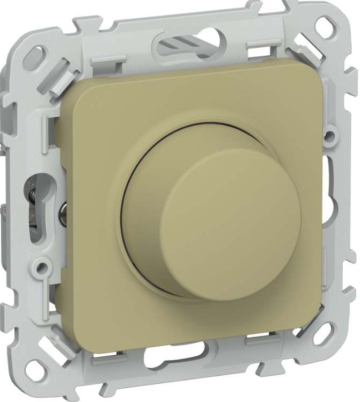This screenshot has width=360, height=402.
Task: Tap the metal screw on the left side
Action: pos(63,207)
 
